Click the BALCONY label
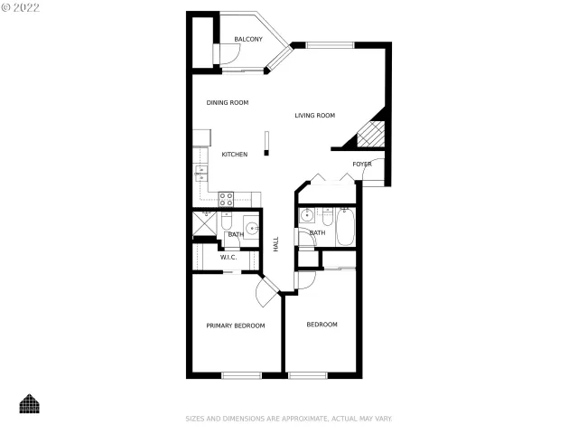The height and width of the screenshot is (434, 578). pyautogui.click(x=248, y=39)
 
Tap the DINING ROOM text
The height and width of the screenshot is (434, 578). pyautogui.click(x=227, y=102)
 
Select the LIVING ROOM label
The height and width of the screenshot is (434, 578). pyautogui.click(x=314, y=115)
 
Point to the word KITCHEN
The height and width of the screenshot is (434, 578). pyautogui.click(x=235, y=155)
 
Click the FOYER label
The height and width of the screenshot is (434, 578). pyautogui.click(x=362, y=164)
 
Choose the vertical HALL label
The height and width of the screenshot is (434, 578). pyautogui.click(x=275, y=243)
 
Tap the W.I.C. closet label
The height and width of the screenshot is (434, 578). pyautogui.click(x=228, y=257)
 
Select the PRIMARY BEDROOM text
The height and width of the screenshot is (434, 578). pyautogui.click(x=235, y=325)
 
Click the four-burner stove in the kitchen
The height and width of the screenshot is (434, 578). pyautogui.click(x=227, y=198)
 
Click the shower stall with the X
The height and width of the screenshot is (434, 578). pyautogui.click(x=203, y=222)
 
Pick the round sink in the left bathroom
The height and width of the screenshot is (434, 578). pyautogui.click(x=252, y=227)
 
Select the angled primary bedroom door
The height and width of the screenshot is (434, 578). pyautogui.click(x=267, y=292)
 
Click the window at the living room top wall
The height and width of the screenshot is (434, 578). pyautogui.click(x=330, y=43)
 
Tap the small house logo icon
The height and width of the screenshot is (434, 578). pyautogui.click(x=31, y=403)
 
